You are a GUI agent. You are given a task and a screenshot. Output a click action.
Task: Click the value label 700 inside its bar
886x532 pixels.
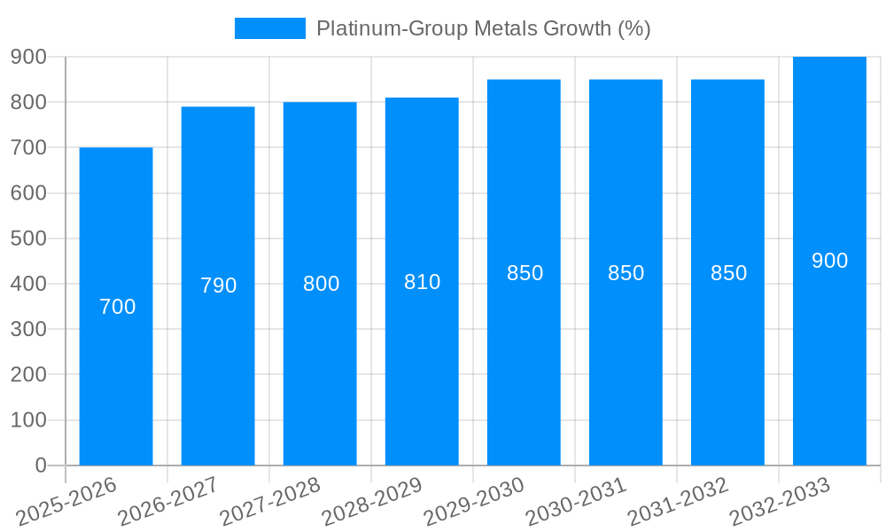pos(117,307)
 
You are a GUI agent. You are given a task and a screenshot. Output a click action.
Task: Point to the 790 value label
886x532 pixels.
pos(218,286)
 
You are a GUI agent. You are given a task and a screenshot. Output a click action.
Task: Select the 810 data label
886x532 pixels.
pos(422,282)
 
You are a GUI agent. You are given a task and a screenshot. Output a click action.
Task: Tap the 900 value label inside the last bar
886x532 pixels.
pos(829,261)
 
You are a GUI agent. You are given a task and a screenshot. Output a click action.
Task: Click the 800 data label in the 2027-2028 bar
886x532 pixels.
pos(321,284)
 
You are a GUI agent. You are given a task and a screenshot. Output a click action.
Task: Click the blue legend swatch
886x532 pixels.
pos(269,28)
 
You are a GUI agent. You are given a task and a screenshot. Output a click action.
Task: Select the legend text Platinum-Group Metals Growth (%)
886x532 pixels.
pos(483,28)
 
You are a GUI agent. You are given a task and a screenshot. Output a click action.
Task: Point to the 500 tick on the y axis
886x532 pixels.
pos(28,239)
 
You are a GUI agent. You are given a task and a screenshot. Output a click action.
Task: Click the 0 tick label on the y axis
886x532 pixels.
pos(40,465)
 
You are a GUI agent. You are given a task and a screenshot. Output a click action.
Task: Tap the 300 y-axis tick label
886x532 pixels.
pos(28,329)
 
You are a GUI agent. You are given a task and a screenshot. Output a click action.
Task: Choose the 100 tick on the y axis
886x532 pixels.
pos(28,420)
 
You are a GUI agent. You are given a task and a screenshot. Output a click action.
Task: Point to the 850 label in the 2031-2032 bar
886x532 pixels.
pos(728,273)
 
